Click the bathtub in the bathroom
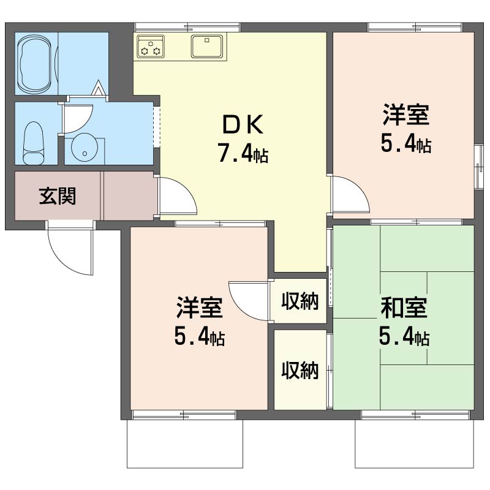pyautogui.click(x=36, y=64)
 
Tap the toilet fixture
pyautogui.click(x=34, y=143)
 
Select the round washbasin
pyautogui.click(x=85, y=148)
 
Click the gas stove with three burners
pyautogui.click(x=151, y=46)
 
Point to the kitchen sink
pyautogui.click(x=207, y=46)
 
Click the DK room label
pyautogui.click(x=243, y=124)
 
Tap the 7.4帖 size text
pyautogui.click(x=243, y=154)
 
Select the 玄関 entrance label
pyautogui.click(x=58, y=196)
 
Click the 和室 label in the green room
pyautogui.click(x=404, y=308)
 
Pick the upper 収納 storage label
pyautogui.click(x=300, y=301)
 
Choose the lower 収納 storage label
pyautogui.click(x=300, y=371)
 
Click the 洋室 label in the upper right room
pyautogui.click(x=406, y=115)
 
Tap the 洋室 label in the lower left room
pyautogui.click(x=200, y=307)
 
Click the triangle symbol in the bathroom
pyautogui.click(x=99, y=88)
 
